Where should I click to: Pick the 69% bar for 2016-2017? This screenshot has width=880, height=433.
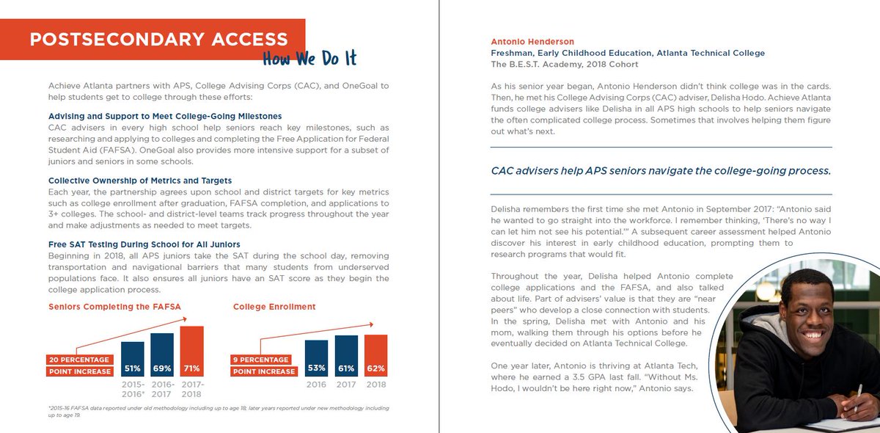162,354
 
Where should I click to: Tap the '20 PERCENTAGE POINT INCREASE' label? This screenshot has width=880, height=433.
79,365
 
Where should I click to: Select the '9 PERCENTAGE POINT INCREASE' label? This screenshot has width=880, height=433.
263,365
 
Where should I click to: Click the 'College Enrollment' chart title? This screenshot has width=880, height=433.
274,307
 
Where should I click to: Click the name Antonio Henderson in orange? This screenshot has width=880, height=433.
532,42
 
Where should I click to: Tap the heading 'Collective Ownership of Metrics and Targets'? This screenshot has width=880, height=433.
140,181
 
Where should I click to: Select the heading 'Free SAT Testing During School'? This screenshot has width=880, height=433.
144,244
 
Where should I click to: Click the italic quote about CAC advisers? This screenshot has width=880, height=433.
660,171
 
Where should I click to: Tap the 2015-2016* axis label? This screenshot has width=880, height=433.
132,389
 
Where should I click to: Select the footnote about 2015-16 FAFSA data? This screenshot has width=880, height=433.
219,410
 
